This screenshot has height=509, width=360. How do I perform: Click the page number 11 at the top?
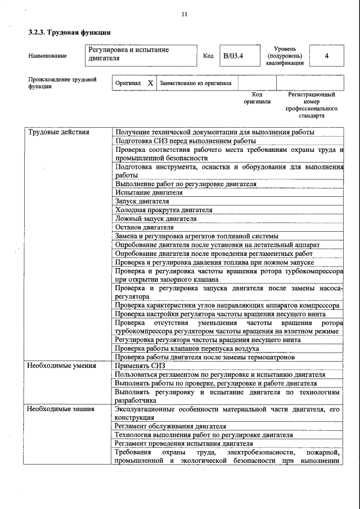pos(184,14)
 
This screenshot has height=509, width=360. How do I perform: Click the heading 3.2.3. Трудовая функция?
pos(69,33)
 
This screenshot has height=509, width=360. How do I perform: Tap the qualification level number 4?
pos(326,56)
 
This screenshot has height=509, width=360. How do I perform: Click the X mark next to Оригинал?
pos(150,83)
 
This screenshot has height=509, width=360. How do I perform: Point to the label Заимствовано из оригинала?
pos(195,83)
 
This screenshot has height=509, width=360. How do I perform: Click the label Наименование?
pos(47,56)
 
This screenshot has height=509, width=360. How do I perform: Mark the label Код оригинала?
pos(256,98)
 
